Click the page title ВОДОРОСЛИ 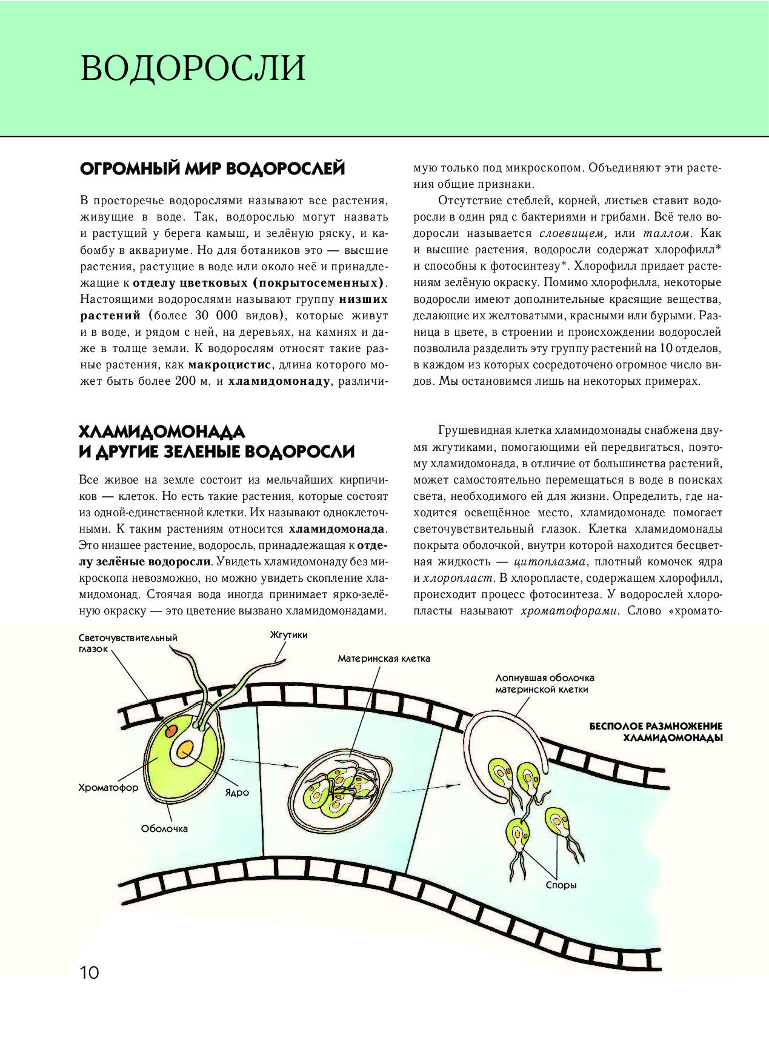point(193,68)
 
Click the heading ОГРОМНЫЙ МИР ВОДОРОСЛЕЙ point(212,168)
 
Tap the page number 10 point(88,973)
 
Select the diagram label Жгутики point(288,635)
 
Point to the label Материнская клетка point(384,659)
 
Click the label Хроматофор point(108,788)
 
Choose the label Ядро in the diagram point(237,793)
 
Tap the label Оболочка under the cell point(164,829)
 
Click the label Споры point(561,885)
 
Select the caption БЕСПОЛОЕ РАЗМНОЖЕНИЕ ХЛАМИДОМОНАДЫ point(656,732)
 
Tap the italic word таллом point(667,233)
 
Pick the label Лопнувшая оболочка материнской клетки point(544,684)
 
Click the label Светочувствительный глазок point(127,643)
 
